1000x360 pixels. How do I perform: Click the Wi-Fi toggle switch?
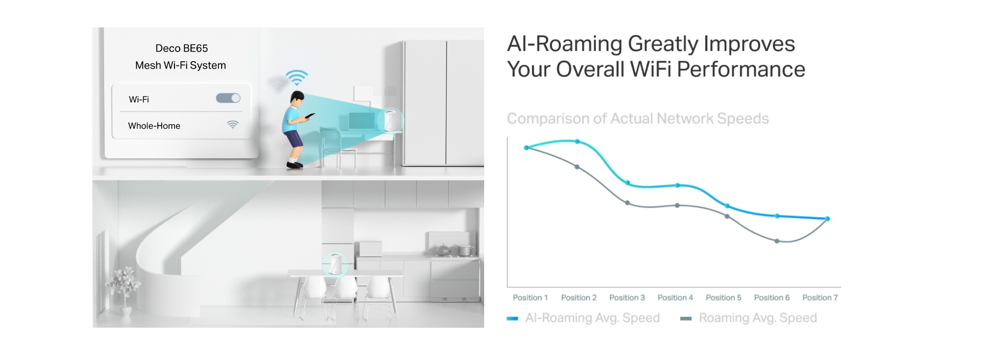pos(228,98)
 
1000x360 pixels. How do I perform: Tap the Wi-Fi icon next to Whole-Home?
pos(232,124)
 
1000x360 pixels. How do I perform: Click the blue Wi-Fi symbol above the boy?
pos(296,77)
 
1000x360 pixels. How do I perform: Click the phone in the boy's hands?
pos(310,115)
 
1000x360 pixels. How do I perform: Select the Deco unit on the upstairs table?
pos(391,120)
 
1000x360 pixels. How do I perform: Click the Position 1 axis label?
pos(530,297)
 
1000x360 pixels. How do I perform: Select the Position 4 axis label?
pos(675,297)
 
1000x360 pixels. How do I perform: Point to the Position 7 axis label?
pos(820,297)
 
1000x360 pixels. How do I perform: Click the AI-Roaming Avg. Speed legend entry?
pos(583,318)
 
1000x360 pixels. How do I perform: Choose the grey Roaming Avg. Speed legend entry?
pos(749,318)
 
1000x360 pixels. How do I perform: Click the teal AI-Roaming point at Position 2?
pos(577,142)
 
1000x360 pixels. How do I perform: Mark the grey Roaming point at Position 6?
pos(777,241)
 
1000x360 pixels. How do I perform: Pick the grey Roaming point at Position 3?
pos(627,203)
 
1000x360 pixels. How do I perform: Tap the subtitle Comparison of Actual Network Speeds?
pos(638,119)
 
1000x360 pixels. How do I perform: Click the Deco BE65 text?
pos(181,48)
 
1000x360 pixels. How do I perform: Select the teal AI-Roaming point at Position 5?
pos(727,206)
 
